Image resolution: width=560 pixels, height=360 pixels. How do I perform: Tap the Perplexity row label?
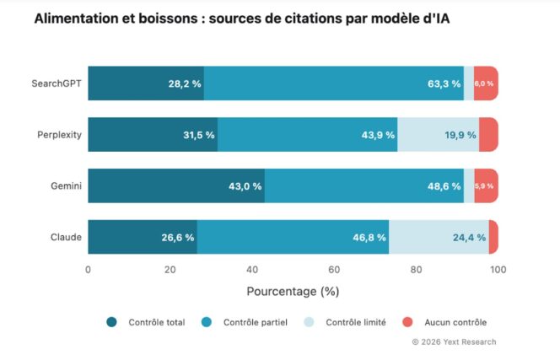click(59, 135)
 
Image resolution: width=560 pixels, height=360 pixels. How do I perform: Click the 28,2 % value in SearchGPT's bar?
click(184, 83)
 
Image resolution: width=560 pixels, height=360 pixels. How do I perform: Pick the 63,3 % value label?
click(444, 83)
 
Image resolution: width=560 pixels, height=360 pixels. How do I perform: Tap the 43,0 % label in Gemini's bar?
click(245, 186)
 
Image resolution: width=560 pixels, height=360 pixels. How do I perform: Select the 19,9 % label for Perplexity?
click(460, 135)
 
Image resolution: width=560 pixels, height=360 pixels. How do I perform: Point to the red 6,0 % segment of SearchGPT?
click(485, 83)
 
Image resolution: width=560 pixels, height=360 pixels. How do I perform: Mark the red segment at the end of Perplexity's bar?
click(488, 135)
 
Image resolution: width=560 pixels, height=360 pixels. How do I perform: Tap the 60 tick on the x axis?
click(334, 270)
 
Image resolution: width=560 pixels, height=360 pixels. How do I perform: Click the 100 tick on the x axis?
click(498, 270)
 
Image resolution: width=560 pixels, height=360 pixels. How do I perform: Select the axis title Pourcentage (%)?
click(293, 292)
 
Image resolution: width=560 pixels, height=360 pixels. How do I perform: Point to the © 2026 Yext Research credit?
click(454, 341)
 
